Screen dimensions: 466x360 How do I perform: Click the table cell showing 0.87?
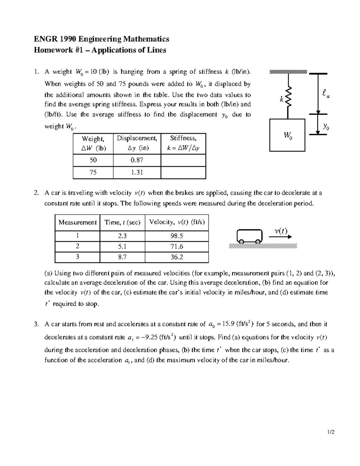pos(137,160)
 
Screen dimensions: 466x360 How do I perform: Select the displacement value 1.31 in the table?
pos(137,173)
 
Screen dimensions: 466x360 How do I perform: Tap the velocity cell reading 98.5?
pos(176,236)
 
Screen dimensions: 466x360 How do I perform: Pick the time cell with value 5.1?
pos(122,247)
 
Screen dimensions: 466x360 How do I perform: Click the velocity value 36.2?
pos(176,257)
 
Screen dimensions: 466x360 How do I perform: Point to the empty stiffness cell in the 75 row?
pos(183,173)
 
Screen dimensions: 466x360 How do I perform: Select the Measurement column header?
pos(77,222)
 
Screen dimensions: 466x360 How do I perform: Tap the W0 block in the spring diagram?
pos(287,135)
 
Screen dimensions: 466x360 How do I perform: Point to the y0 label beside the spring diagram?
pos(326,127)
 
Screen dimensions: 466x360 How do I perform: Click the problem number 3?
pos(36,324)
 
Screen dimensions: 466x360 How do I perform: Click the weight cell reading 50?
pos(93,160)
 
